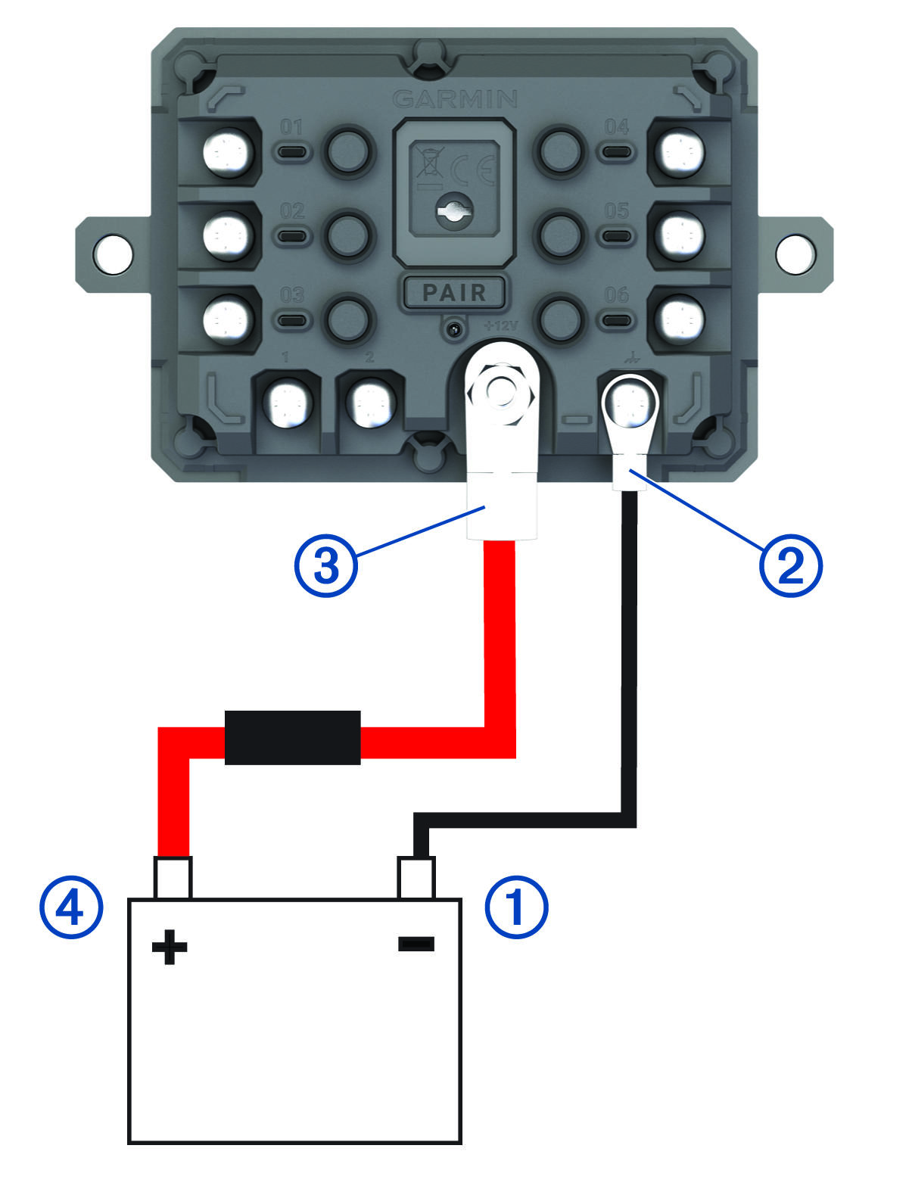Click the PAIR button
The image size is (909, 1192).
453,292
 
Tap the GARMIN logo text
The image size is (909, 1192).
456,99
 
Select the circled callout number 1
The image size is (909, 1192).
515,907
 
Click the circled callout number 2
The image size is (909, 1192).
789,565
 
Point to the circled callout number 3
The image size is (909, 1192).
325,565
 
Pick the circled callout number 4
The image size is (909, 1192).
70,907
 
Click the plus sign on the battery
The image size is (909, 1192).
170,948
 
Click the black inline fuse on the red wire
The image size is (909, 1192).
292,737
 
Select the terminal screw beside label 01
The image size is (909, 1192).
227,152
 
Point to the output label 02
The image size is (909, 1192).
292,211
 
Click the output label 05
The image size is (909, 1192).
617,211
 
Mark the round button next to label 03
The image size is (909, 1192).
348,318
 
